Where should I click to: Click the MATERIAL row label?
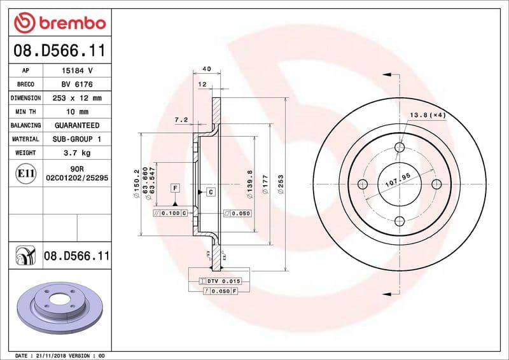click(26, 139)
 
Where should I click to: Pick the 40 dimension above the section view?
click(206, 69)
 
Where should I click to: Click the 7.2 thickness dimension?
click(181, 120)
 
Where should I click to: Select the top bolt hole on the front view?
click(400, 148)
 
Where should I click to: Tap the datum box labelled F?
click(174, 188)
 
